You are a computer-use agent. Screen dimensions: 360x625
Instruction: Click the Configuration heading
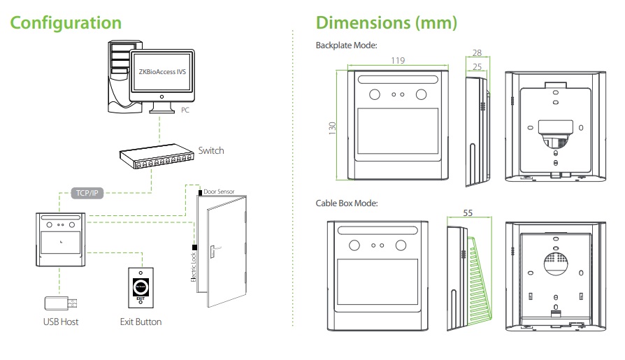coord(66,22)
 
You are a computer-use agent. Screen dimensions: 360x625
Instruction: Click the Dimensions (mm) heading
coord(387,22)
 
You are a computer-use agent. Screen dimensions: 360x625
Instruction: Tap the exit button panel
coord(141,287)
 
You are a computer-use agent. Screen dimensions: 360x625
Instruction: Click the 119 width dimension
coord(398,61)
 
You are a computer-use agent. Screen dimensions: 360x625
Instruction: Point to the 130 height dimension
coord(333,128)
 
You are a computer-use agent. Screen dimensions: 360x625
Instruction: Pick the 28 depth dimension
coord(476,53)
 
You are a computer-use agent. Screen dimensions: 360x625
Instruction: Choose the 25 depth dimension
coord(476,66)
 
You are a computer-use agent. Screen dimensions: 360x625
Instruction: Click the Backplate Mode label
coord(347,45)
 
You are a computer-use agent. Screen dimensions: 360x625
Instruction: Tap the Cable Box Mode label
coord(347,203)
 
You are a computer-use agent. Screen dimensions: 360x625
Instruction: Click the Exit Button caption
coord(141,322)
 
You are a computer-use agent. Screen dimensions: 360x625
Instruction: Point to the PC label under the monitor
coord(184,110)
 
